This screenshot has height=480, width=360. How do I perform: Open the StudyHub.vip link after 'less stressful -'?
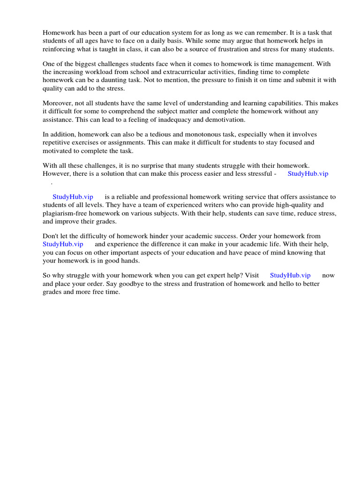[307, 173]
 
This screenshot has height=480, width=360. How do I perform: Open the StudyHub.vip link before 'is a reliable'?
[73, 197]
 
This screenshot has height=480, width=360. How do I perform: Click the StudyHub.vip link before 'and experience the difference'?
[63, 244]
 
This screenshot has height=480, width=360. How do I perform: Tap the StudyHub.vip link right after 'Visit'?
[290, 276]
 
